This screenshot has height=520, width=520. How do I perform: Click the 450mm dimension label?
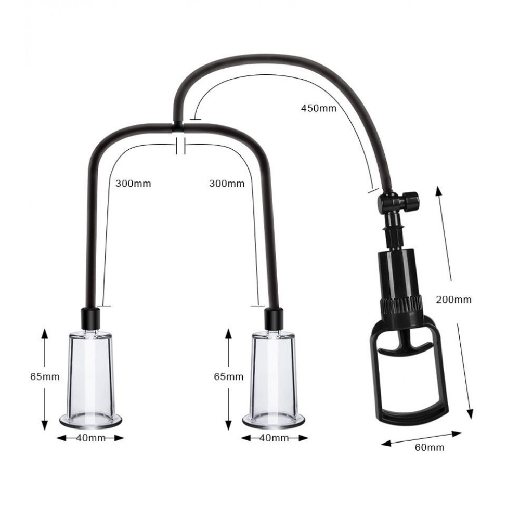tap(319, 109)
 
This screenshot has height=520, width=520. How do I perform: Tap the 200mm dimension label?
tap(453, 300)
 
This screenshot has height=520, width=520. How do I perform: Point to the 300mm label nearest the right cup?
tap(227, 184)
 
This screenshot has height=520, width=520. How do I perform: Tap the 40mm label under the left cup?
tap(90, 438)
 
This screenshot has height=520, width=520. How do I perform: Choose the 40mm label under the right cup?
tap(274, 438)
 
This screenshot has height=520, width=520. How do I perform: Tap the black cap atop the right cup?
tap(274, 316)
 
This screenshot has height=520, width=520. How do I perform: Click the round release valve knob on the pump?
tap(411, 199)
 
